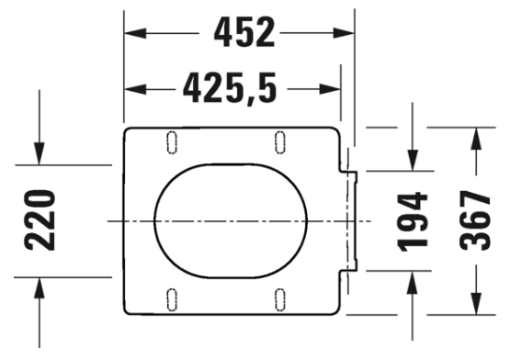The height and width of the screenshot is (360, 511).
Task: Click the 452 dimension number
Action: [244, 32]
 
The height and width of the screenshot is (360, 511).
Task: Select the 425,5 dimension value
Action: [230, 88]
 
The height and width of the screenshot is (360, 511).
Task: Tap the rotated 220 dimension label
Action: [40, 221]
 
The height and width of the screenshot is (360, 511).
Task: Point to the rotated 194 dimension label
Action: [412, 222]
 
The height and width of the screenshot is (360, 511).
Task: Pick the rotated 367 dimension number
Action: [475, 220]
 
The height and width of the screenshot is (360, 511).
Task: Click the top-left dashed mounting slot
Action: [172, 142]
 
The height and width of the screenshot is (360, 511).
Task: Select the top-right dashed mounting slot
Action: [280, 142]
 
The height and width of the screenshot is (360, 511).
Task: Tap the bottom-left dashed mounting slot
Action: [172, 299]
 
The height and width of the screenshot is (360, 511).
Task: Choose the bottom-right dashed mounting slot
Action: [280, 299]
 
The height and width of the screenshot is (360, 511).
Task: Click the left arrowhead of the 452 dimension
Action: [135, 33]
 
